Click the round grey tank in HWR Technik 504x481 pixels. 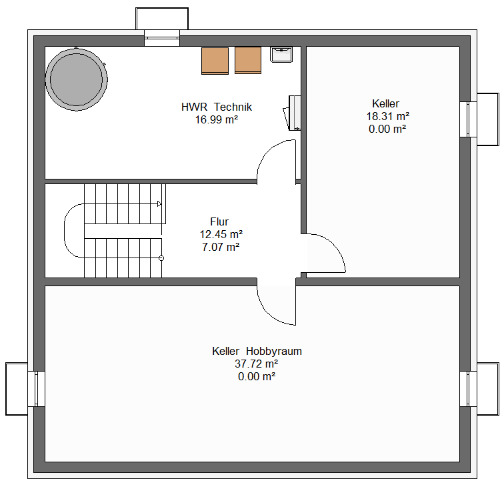(77, 79)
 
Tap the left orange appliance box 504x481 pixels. (215, 61)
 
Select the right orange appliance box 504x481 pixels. (248, 61)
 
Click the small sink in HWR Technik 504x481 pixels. (281, 55)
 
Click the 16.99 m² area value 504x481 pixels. (217, 119)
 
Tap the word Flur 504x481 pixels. (219, 221)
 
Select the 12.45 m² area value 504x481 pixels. (221, 234)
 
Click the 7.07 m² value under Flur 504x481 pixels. (221, 247)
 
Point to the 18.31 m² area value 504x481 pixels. (387, 116)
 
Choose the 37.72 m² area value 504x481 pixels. (256, 364)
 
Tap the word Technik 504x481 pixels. (233, 107)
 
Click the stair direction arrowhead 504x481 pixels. (159, 203)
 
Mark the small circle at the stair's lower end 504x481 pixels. (161, 258)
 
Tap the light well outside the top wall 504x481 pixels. (162, 19)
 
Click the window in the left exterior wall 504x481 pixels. (36, 389)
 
